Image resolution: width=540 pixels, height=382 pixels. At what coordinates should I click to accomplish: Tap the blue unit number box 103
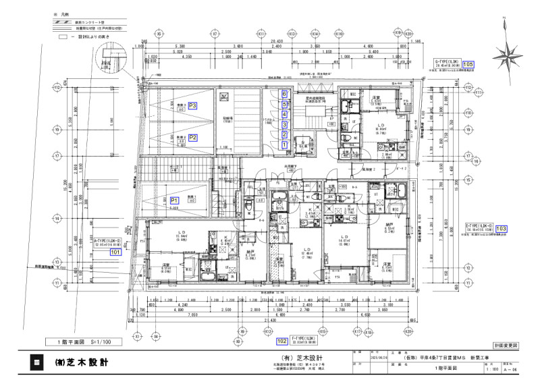[501, 229]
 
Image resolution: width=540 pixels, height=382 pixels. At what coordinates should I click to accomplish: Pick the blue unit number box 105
[468, 64]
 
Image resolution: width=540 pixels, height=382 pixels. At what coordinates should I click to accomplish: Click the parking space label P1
[173, 200]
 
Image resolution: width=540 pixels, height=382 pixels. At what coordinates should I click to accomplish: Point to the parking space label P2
[192, 138]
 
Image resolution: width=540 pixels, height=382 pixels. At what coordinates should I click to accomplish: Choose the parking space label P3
[192, 106]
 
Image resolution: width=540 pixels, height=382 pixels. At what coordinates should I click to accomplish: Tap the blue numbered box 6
[285, 94]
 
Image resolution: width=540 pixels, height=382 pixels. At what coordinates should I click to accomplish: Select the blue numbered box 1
[285, 144]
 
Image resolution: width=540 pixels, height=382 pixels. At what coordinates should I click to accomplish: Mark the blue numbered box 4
[285, 115]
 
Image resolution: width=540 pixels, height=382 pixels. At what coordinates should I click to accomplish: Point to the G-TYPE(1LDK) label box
[448, 64]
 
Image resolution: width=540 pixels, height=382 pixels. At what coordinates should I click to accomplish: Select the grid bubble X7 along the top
[215, 32]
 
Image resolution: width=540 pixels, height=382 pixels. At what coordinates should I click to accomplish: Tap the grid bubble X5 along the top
[159, 32]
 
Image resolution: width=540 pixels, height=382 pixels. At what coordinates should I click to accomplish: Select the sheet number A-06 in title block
[514, 371]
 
